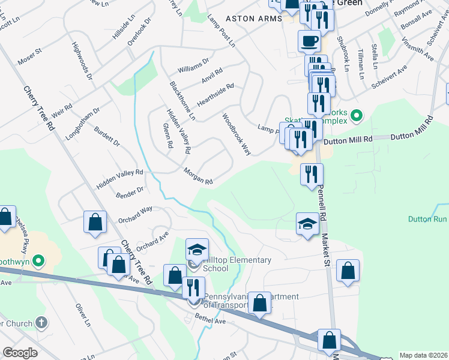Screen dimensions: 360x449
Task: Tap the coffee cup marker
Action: click(310, 41)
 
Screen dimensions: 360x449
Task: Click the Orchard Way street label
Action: click(135, 215)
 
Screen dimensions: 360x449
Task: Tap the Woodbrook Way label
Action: click(237, 134)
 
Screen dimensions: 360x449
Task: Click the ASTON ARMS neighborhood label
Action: click(253, 19)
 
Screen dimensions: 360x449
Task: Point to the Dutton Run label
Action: click(428, 220)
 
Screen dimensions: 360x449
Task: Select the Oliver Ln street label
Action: click(83, 314)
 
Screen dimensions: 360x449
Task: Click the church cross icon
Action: click(41, 322)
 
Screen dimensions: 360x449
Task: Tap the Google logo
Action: click(20, 353)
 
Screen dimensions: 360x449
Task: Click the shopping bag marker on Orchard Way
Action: click(95, 222)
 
